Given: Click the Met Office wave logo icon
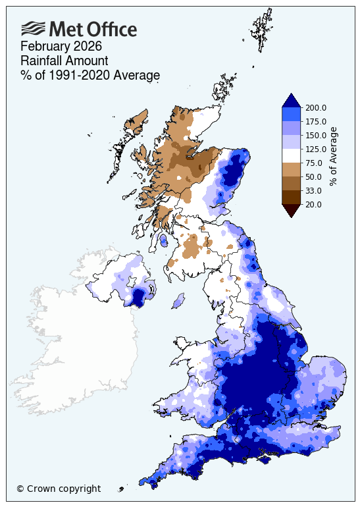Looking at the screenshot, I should (x=33, y=28).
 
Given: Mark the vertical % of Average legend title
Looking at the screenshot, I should (x=333, y=156).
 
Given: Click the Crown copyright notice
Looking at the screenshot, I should (x=59, y=489).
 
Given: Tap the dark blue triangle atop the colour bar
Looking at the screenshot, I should (x=291, y=100).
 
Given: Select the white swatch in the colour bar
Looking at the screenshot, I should (x=291, y=156).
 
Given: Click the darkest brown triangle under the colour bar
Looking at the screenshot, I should (x=291, y=209).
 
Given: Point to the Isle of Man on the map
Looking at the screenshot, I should (x=176, y=302).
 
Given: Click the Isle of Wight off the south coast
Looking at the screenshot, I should (x=266, y=459).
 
